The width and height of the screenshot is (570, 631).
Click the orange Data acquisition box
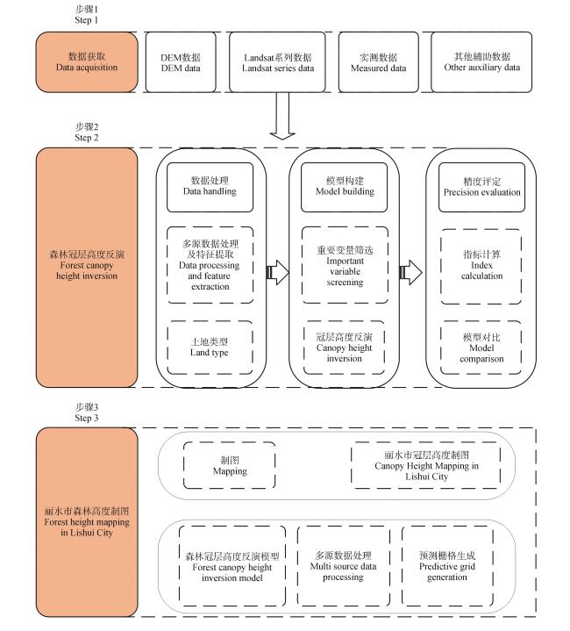(x=87, y=62)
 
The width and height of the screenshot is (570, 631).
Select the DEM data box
(x=181, y=62)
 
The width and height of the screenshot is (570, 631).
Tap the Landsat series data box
(x=277, y=62)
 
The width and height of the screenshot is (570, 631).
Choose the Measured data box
(x=378, y=62)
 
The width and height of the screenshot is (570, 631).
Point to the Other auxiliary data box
(x=481, y=62)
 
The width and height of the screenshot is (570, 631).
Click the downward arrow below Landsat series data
(x=282, y=116)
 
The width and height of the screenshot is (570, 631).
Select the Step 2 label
(x=87, y=132)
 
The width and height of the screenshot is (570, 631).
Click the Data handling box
(x=210, y=187)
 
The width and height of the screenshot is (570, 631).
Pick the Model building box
(x=344, y=187)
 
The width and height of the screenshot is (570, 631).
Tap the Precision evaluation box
(x=481, y=187)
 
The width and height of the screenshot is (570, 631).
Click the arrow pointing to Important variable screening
(x=277, y=272)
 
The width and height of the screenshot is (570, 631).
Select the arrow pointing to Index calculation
(x=410, y=272)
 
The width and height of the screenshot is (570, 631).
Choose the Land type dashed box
(x=210, y=348)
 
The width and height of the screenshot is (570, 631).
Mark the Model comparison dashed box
(x=481, y=348)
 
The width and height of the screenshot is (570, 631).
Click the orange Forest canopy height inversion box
(x=87, y=268)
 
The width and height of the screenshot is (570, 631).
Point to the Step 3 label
(x=87, y=412)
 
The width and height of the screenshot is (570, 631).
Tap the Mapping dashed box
(x=230, y=465)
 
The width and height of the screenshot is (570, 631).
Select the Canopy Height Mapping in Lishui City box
(x=426, y=465)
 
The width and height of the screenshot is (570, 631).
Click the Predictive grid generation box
(x=447, y=566)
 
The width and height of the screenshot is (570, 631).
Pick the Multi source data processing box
(x=344, y=566)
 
